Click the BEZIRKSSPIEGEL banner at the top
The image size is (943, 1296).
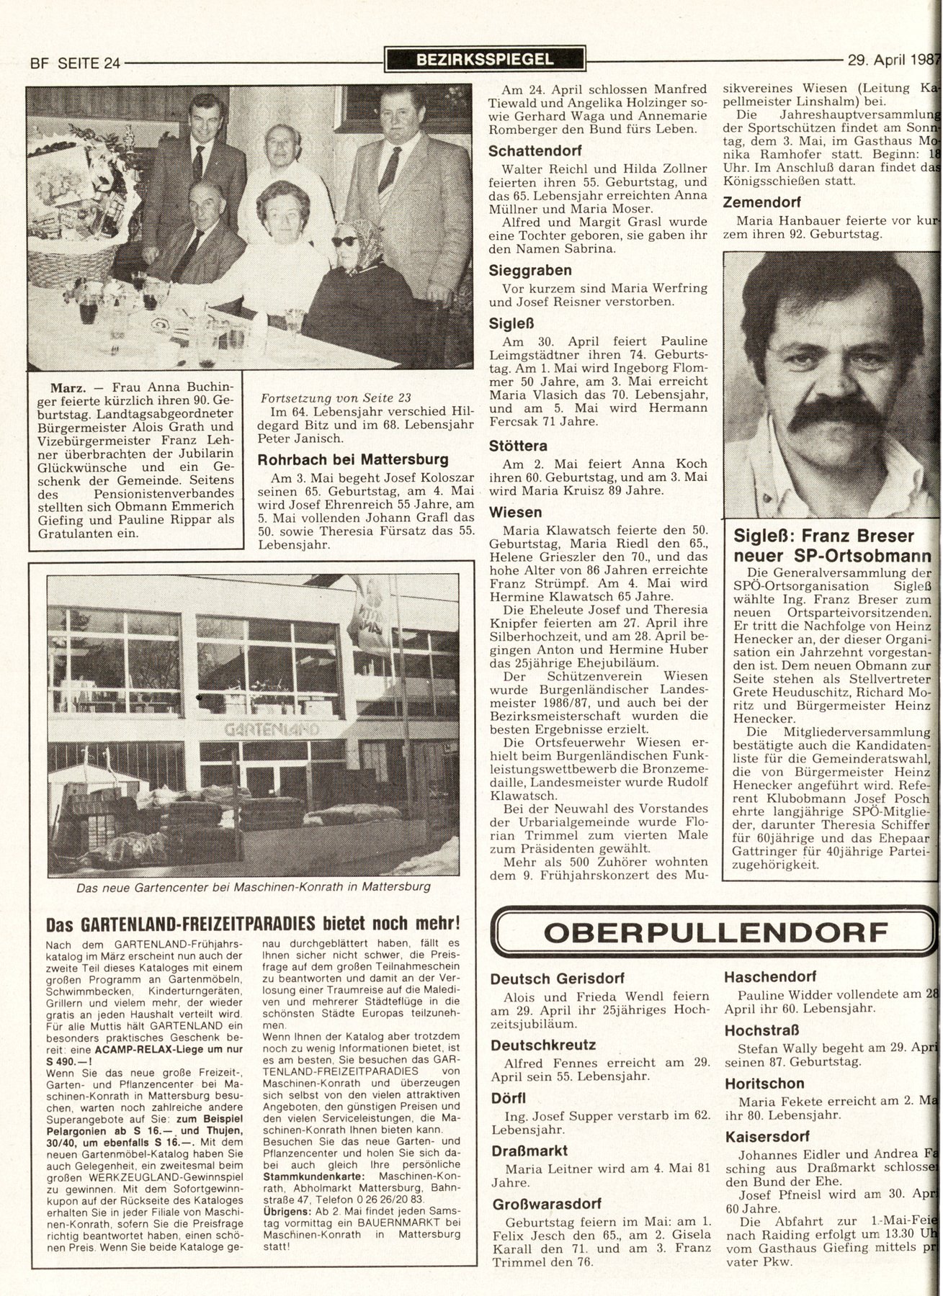pyautogui.click(x=486, y=60)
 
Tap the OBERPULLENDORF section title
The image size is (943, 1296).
pyautogui.click(x=714, y=932)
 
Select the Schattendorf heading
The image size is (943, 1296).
pyautogui.click(x=535, y=151)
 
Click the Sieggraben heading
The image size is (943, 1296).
pyautogui.click(x=530, y=271)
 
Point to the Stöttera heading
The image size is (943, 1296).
pyautogui.click(x=518, y=446)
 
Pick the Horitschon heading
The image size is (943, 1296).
pyautogui.click(x=764, y=1083)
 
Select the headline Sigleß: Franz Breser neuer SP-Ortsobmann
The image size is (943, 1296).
pyautogui.click(x=832, y=546)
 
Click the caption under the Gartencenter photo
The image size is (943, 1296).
pyautogui.click(x=253, y=887)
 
